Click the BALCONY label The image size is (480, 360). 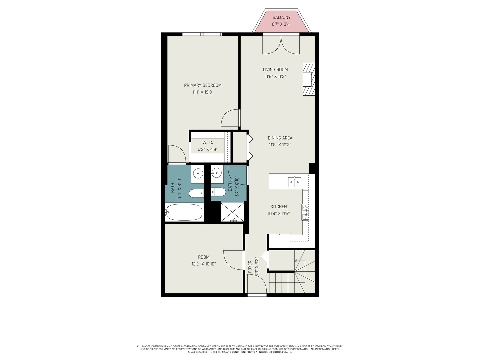pyautogui.click(x=281, y=17)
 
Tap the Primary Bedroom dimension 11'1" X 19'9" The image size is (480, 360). pyautogui.click(x=203, y=92)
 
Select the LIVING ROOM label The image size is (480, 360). pyautogui.click(x=275, y=70)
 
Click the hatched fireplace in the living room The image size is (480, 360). pyautogui.click(x=309, y=79)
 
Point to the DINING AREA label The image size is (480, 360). pyautogui.click(x=280, y=138)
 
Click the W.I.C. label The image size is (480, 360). pyautogui.click(x=208, y=143)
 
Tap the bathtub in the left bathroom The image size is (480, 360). pyautogui.click(x=184, y=212)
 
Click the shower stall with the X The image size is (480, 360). pyautogui.click(x=232, y=212)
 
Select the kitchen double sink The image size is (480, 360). pyautogui.click(x=294, y=182)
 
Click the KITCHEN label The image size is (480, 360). pyautogui.click(x=279, y=207)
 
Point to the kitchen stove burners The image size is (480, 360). pyautogui.click(x=305, y=212)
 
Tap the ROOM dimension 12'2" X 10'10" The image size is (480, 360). pyautogui.click(x=204, y=264)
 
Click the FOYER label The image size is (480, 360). pyautogui.click(x=250, y=267)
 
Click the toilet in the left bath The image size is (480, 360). pyautogui.click(x=196, y=193)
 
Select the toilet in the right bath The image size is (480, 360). pyautogui.click(x=218, y=192)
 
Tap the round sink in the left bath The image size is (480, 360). pyautogui.click(x=198, y=174)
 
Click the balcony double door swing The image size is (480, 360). pyautogui.click(x=281, y=45)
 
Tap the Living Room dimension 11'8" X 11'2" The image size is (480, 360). pyautogui.click(x=275, y=76)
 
